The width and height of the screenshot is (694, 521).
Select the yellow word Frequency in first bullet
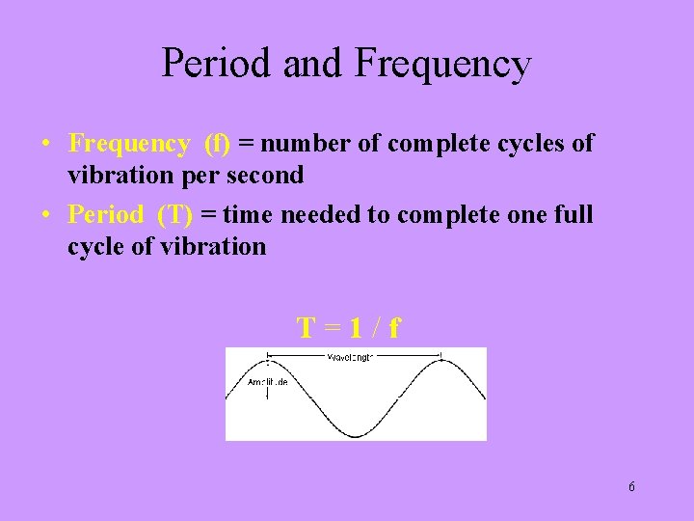coord(129,145)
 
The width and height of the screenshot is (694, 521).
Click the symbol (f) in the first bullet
coord(217,145)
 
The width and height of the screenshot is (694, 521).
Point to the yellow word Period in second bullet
coord(106,215)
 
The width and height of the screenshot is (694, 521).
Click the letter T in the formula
coord(307,329)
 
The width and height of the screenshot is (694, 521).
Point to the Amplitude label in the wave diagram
coord(267,382)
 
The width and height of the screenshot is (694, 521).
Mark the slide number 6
coord(631,486)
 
